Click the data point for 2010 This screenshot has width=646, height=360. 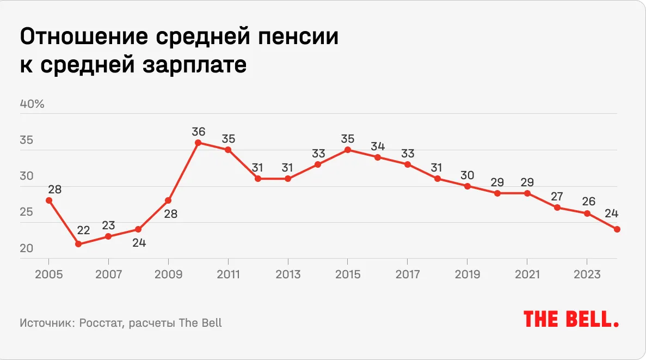tap(198, 143)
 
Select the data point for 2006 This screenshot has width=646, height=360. tap(78, 244)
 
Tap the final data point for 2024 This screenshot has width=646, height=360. tap(617, 229)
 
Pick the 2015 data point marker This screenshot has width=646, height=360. tap(348, 150)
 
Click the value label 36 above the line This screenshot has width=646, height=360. tap(198, 131)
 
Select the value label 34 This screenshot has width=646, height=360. tap(378, 147)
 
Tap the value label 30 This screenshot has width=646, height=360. tap(467, 175)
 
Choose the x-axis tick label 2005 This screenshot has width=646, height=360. tap(49, 274)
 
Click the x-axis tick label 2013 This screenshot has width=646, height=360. tap(288, 274)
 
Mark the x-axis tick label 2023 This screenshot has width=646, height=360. tap(587, 274)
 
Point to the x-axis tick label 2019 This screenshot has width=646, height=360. tap(467, 274)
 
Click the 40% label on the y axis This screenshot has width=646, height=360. tap(32, 104)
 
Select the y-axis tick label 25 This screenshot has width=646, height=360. tap(27, 212)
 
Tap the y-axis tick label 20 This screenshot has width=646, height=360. tap(27, 248)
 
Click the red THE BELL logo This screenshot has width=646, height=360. tap(571, 320)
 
